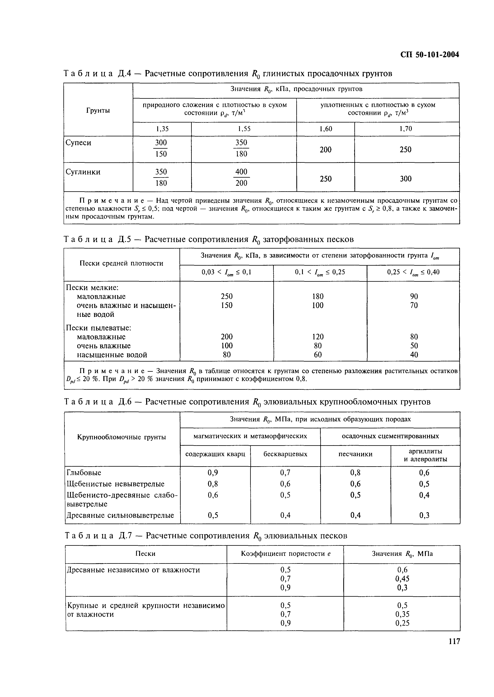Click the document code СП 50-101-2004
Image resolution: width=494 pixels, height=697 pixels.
[429, 55]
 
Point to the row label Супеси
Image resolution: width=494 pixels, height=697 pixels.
[78, 143]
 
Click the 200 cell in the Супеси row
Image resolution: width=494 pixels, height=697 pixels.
[325, 149]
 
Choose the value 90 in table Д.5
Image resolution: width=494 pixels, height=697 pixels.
[414, 296]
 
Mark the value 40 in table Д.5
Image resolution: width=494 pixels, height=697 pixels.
[414, 355]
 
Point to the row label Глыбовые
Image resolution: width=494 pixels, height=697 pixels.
[84, 473]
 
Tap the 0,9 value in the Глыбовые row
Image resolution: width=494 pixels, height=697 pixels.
[213, 473]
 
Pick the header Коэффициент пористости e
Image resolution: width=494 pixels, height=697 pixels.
[285, 554]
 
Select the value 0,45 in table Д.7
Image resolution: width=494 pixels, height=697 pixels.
[402, 579]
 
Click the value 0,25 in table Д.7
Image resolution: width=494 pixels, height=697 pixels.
[402, 623]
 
